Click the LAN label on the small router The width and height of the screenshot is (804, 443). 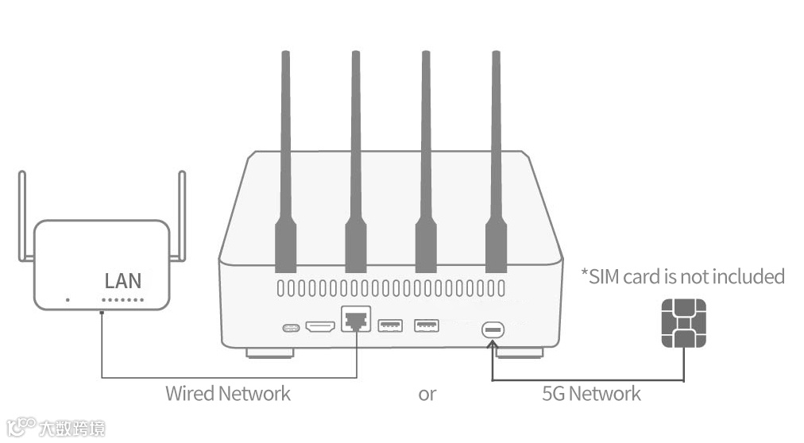[123, 280]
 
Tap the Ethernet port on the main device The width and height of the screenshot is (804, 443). [354, 320]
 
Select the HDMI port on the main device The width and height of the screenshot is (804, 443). [320, 326]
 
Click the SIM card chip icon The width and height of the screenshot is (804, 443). [683, 323]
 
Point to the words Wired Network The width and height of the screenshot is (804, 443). [228, 393]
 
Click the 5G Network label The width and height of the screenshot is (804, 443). [591, 393]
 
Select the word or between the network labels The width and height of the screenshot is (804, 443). [427, 394]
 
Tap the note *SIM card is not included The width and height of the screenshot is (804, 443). [682, 276]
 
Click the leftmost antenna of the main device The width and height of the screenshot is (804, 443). [285, 159]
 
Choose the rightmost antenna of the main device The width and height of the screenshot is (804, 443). [497, 159]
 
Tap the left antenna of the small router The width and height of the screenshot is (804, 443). [22, 214]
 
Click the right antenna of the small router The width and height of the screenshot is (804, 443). [182, 214]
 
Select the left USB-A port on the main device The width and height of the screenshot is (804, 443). [390, 325]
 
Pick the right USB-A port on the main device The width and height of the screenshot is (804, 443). [427, 325]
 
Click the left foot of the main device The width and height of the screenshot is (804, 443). [270, 352]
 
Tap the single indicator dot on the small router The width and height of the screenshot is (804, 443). [68, 300]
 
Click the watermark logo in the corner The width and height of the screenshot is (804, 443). [56, 428]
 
